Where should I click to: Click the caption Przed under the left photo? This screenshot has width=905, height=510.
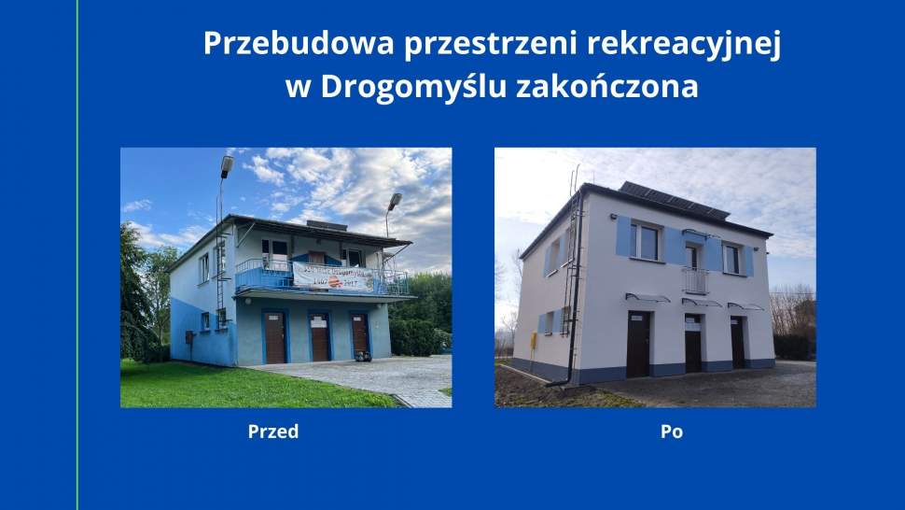point(273,432)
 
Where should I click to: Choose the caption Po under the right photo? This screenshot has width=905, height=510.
point(672,432)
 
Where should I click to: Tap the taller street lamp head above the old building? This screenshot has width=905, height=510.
point(227,166)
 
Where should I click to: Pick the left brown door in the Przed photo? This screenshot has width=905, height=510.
point(274,337)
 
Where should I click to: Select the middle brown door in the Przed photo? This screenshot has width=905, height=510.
point(320,337)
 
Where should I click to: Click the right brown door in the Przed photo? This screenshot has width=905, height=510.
point(360,334)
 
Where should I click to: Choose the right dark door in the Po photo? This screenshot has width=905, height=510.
point(738,342)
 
